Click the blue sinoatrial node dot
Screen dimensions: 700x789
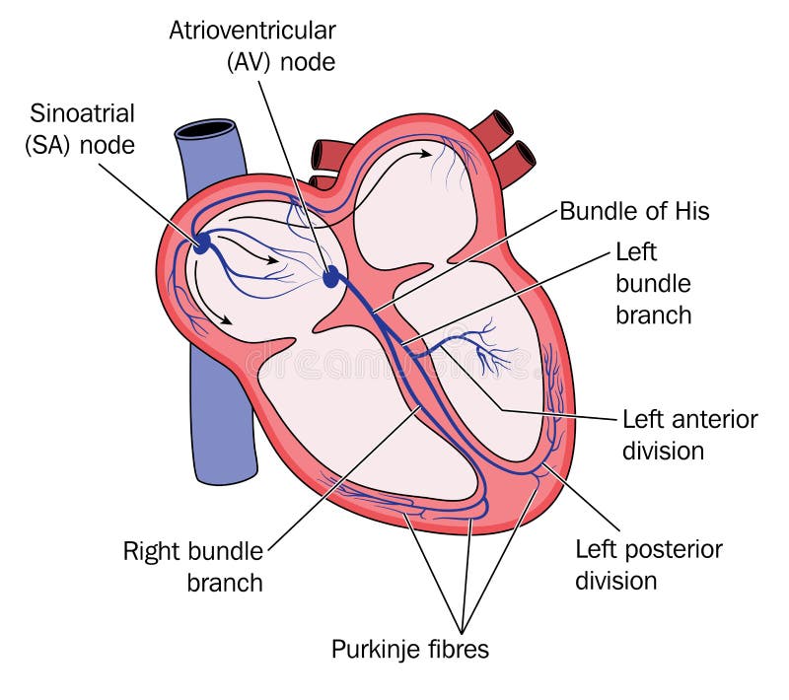pos(201,243)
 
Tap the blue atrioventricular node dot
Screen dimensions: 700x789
pos(331,277)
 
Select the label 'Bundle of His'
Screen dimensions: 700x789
pos(634,211)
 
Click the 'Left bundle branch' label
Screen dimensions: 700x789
pos(653,283)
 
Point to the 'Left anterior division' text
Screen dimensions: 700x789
pos(689,435)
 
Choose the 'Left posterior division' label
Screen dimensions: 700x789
pos(649,564)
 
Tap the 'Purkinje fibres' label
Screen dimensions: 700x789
pos(409,650)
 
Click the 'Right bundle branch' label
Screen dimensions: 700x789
pos(193,566)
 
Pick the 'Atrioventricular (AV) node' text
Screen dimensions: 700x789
pos(252,44)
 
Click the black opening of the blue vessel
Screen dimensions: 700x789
pos(206,128)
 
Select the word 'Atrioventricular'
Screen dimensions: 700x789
pos(252,29)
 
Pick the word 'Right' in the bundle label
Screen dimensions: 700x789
pos(151,550)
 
